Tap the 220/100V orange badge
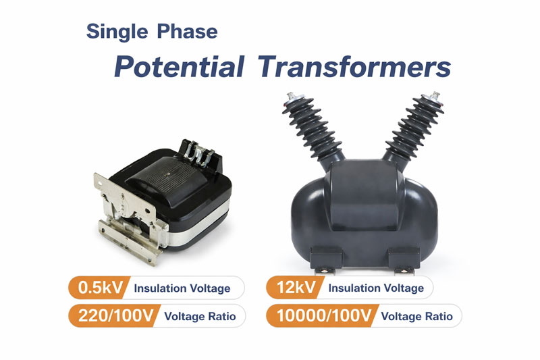pos(111,315)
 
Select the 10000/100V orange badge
pos(318,315)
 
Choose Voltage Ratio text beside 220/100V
pos(200,316)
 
